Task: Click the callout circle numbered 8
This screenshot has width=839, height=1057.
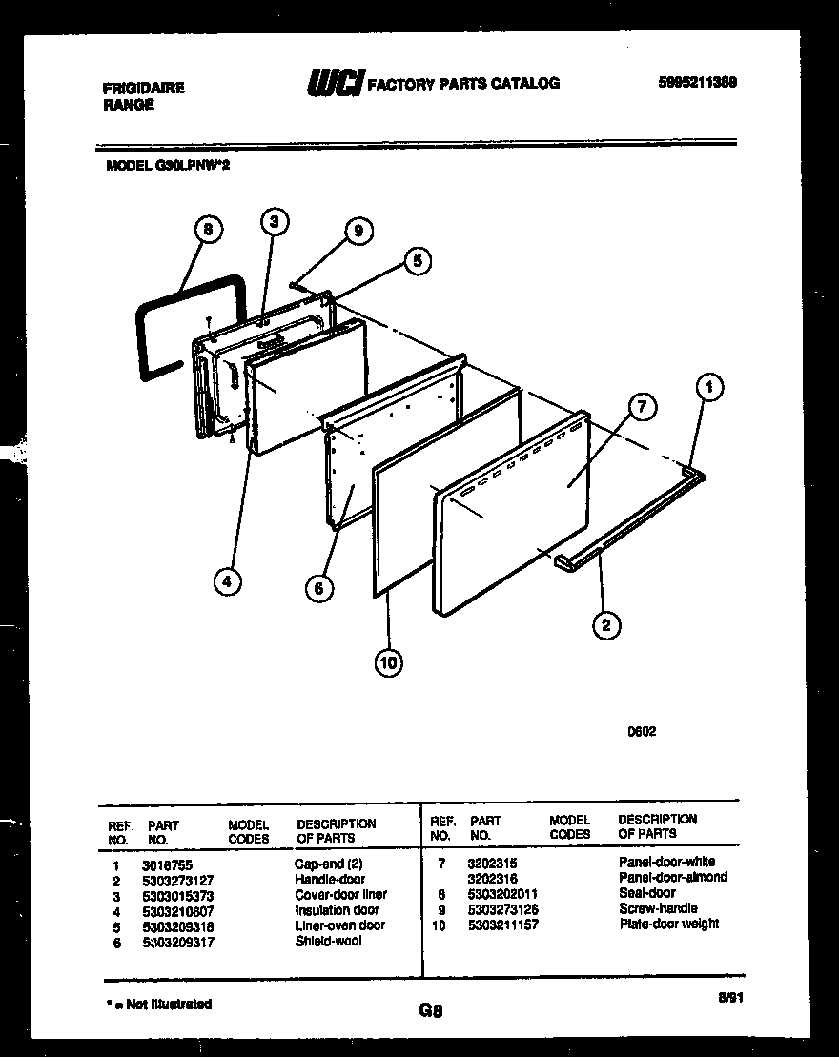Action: tap(209, 230)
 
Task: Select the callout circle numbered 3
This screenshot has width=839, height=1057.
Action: tap(274, 222)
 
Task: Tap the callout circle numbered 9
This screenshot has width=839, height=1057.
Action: tap(358, 230)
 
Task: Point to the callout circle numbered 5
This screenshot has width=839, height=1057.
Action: tap(415, 260)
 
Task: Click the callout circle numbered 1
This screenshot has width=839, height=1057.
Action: tap(707, 387)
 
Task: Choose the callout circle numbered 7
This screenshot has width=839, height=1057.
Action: tap(642, 408)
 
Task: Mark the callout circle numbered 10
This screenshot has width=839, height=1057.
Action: tap(389, 662)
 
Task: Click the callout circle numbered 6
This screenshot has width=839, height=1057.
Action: tap(319, 588)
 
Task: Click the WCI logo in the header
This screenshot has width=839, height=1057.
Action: tap(334, 84)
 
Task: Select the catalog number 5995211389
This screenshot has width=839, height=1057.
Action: tap(696, 82)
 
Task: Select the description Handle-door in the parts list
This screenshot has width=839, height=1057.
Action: tap(329, 879)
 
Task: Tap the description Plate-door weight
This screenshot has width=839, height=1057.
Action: tap(668, 924)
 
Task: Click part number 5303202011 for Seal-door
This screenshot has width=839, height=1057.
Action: tap(503, 893)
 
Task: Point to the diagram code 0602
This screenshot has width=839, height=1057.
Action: tap(641, 732)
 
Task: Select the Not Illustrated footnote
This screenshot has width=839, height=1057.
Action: tap(157, 1004)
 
